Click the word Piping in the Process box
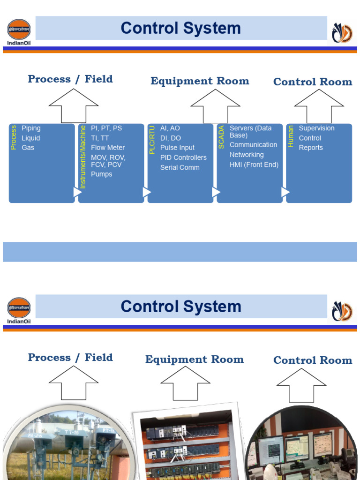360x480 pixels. coord(31,128)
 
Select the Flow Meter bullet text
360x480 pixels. coord(108,148)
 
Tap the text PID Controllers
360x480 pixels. coord(183,157)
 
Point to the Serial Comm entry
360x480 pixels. coord(180,167)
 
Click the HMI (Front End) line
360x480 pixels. coord(254,165)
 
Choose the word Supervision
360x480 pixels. coord(316,128)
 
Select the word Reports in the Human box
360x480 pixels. coord(311,148)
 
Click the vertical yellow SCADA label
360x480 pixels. coord(221,137)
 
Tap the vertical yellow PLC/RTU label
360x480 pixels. coord(152,139)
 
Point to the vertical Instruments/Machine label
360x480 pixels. coord(82,157)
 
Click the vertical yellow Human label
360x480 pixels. coord(291,136)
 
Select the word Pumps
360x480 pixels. coord(102,174)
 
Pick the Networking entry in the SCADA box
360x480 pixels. coord(247,155)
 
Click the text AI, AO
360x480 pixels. coord(170,128)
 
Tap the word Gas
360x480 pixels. coord(28,148)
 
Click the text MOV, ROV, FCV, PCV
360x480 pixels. coord(108,161)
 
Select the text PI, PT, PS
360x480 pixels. coord(106,128)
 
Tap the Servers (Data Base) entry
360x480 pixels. coord(250,132)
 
